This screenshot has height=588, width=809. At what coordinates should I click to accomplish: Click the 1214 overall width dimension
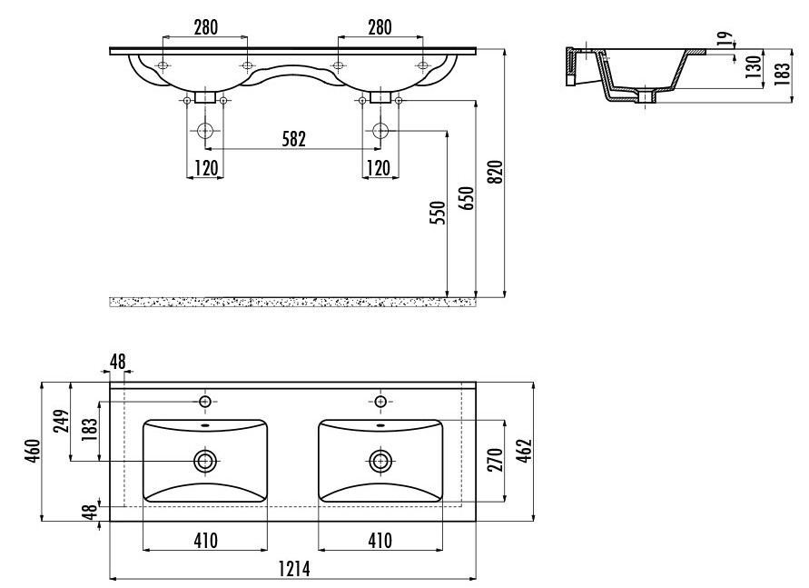294,568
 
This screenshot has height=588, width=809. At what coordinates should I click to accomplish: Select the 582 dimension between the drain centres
293,139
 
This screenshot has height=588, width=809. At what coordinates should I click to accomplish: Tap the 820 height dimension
495,172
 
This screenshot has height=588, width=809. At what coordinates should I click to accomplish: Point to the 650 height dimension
466,198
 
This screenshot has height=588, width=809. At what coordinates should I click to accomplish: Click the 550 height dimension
437,213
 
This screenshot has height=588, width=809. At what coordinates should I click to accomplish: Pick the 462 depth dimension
524,451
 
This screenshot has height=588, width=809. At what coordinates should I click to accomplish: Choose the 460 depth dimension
33,451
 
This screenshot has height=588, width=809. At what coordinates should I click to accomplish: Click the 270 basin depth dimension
495,461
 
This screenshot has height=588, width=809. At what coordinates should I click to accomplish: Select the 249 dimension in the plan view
62,422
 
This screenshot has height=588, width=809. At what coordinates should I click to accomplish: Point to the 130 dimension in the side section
754,67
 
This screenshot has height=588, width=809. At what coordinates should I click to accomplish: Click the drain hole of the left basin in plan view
205,461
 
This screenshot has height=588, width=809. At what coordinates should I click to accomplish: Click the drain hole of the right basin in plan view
380,461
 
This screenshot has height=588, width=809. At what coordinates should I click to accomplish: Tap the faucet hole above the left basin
205,402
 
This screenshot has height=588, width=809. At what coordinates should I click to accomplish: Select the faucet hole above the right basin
380,402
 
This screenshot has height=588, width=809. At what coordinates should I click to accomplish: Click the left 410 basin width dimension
205,541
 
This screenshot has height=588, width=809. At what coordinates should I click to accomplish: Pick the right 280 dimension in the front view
380,27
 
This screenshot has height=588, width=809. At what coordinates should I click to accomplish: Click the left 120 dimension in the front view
206,168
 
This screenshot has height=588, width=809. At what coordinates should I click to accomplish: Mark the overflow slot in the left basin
205,426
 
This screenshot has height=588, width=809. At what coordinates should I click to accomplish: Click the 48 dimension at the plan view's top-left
118,362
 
